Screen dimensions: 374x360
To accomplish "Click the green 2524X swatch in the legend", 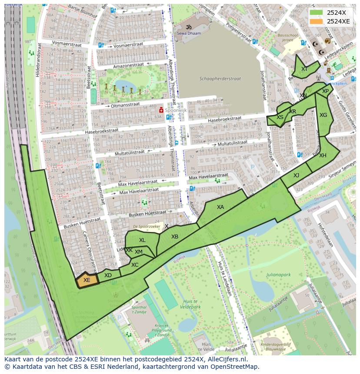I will coord(317,13).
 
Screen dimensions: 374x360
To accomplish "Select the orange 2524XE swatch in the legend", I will coord(317,21).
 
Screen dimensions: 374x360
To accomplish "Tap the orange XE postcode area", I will coord(87,280).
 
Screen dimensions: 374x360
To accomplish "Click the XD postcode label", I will coord(108,275).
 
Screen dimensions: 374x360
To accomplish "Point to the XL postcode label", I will coord(142,240).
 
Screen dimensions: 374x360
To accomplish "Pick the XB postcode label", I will coord(175,237).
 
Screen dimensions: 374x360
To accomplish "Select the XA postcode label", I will coord(220,207).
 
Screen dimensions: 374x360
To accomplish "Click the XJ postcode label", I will coord(296,175).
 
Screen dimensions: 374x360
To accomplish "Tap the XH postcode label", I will coord(323,156).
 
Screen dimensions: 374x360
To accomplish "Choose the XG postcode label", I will coord(323,115).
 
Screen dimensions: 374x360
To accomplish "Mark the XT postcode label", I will coord(304,69).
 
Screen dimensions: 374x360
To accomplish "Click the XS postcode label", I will coord(280,117).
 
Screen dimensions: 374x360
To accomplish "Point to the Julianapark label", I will coord(278,275).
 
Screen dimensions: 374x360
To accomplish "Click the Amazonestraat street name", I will coord(119,66).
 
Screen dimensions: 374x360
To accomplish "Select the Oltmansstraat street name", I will coord(125,105).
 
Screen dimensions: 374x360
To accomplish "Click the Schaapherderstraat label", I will coord(220,79).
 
